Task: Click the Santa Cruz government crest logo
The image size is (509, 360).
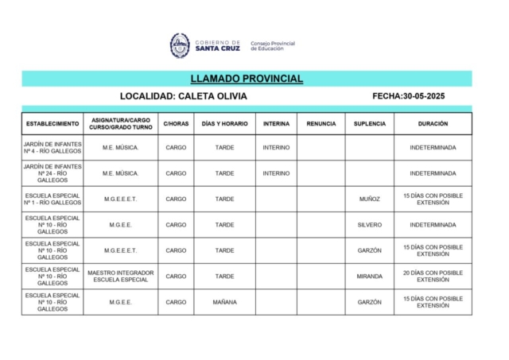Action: point(180,45)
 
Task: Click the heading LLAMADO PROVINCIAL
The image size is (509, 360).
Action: point(247,79)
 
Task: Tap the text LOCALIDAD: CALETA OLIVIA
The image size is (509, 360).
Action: point(184,96)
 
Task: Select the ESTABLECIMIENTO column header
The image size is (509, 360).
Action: point(52,124)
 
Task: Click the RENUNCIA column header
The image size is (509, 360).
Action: point(321,124)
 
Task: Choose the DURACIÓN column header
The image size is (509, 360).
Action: point(433,124)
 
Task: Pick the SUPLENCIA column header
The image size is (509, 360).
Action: point(370,124)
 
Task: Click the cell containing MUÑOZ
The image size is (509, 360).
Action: point(370,199)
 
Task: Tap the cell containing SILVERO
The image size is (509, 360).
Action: point(370,225)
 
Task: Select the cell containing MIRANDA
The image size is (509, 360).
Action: point(370,277)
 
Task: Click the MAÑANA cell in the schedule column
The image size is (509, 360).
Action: point(225,302)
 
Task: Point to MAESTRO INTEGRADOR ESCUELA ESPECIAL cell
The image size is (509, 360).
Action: point(121,277)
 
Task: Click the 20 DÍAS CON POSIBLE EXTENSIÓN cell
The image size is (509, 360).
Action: point(433,277)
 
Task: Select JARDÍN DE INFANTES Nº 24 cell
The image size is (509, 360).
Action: point(52,173)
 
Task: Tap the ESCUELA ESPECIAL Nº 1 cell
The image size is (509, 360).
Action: point(52,199)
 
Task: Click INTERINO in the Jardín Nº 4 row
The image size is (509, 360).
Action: point(276,148)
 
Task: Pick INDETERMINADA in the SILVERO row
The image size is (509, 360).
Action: point(433,225)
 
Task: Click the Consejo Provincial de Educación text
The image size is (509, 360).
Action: point(273,46)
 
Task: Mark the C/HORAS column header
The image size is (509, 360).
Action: point(176,124)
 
